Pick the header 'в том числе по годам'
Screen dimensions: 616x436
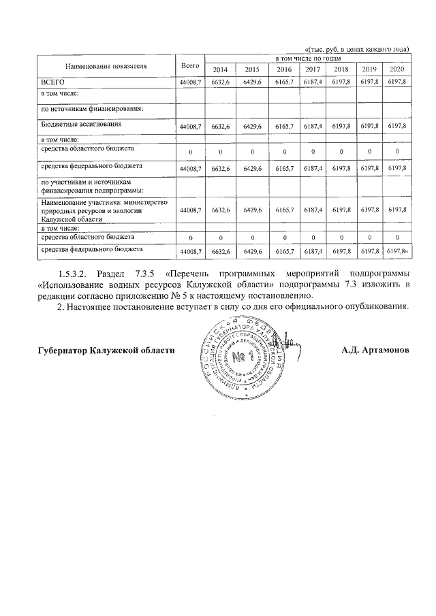[308, 61]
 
